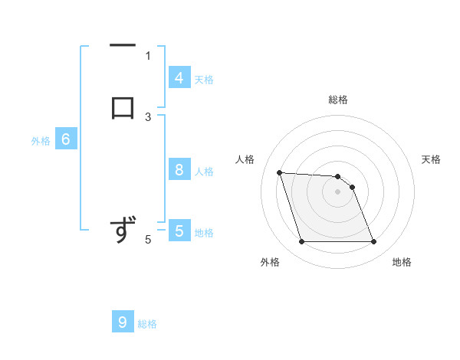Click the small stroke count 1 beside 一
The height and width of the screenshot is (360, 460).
148,55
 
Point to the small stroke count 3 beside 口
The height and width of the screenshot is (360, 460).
148,116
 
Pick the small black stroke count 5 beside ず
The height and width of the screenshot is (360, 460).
148,240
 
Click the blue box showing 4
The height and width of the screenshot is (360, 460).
179,78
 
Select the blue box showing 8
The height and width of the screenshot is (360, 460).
179,170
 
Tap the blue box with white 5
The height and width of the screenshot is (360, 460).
179,231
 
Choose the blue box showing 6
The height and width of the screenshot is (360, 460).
66,139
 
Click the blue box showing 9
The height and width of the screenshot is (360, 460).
123,322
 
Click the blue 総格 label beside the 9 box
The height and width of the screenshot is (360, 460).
147,324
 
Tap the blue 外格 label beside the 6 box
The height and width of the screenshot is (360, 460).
41,141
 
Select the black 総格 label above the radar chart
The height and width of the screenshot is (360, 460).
338,100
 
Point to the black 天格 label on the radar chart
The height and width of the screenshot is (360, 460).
431,159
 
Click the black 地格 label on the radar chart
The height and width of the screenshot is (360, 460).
402,262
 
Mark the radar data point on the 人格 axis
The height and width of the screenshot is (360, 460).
279,172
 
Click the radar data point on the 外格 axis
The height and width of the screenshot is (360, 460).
301,242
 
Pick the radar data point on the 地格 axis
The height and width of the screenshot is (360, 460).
373,242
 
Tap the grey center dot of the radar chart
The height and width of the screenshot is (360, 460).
337,192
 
